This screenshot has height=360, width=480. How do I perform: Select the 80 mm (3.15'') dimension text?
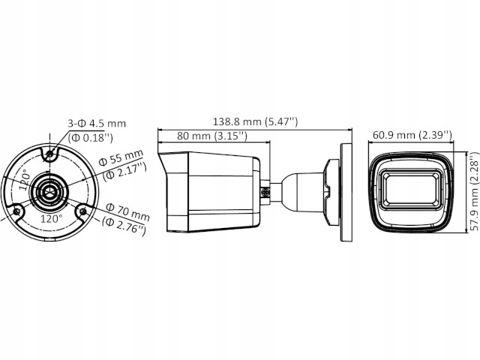213,136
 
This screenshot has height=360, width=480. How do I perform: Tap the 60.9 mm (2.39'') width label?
412,135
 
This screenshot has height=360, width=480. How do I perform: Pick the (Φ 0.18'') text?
91,137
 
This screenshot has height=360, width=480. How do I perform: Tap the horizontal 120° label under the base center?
51,219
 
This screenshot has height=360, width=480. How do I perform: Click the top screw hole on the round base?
50,155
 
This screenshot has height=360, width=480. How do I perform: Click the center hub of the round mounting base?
50,192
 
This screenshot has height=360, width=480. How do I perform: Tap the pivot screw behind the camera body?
265,191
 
